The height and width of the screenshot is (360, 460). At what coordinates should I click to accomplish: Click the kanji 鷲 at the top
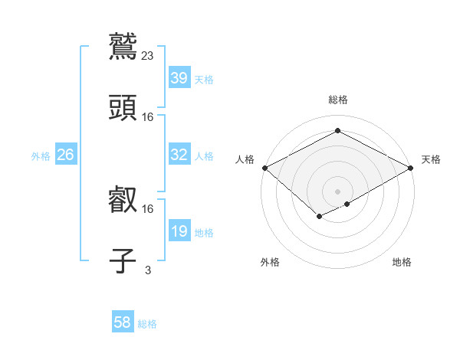pyautogui.click(x=123, y=44)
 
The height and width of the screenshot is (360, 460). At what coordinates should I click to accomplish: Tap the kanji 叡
pyautogui.click(x=123, y=200)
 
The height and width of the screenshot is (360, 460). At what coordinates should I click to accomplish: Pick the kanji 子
pyautogui.click(x=123, y=261)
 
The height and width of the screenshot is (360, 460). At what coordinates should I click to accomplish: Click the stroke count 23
pyautogui.click(x=148, y=55)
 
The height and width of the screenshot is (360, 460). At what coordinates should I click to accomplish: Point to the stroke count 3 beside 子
pyautogui.click(x=148, y=270)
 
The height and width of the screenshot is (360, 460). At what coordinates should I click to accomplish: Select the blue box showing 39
pyautogui.click(x=179, y=78)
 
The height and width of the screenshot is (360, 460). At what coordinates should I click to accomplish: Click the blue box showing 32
pyautogui.click(x=179, y=155)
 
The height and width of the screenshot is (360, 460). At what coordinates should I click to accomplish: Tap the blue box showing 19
pyautogui.click(x=179, y=231)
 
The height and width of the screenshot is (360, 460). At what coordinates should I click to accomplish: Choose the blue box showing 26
pyautogui.click(x=65, y=155)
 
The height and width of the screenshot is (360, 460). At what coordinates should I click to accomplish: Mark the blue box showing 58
pyautogui.click(x=123, y=322)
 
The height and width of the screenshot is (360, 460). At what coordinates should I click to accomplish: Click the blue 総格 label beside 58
pyautogui.click(x=147, y=324)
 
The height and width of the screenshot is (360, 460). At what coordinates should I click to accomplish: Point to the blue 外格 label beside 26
pyautogui.click(x=41, y=156)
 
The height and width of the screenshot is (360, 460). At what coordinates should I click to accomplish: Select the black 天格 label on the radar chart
pyautogui.click(x=431, y=159)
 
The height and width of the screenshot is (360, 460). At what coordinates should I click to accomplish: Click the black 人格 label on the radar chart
pyautogui.click(x=245, y=159)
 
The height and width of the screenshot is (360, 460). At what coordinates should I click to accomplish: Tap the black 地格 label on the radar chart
pyautogui.click(x=402, y=262)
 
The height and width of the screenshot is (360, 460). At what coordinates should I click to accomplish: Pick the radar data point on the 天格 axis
pyautogui.click(x=412, y=168)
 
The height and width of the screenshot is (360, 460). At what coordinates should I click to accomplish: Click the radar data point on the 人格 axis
pyautogui.click(x=264, y=168)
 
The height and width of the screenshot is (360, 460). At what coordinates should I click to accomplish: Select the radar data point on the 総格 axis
pyautogui.click(x=337, y=130)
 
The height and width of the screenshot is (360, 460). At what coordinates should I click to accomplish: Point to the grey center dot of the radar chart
pyautogui.click(x=337, y=191)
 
